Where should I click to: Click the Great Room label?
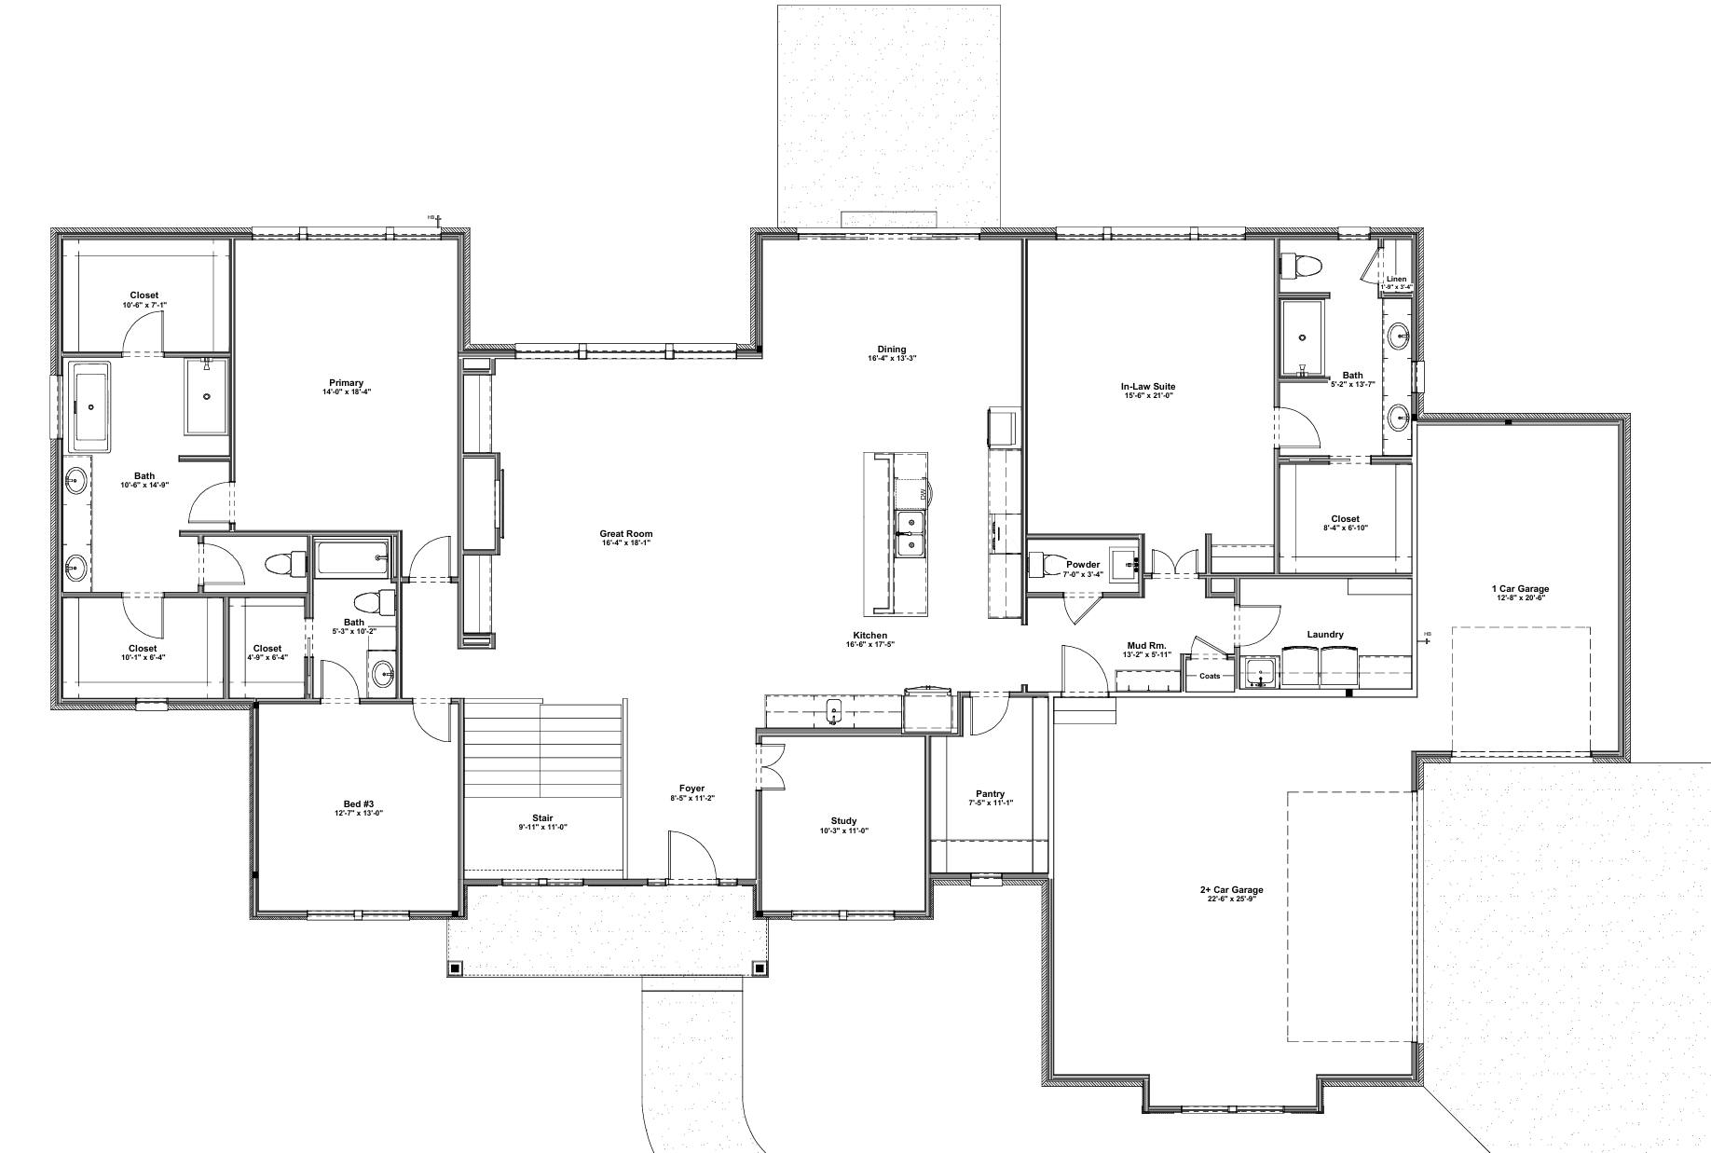point(625,534)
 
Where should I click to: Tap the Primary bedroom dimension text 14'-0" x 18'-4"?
point(346,392)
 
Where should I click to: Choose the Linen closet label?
point(1396,279)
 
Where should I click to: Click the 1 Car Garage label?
point(1520,588)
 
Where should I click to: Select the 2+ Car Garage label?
point(1231,889)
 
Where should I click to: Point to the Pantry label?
point(990,794)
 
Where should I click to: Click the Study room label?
point(843,821)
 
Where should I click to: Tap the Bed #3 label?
point(359,803)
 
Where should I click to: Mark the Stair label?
point(542,818)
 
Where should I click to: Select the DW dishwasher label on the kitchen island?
point(923,493)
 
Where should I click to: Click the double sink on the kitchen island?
point(910,534)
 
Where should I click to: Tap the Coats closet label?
point(1210,676)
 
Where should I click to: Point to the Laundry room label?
point(1325,635)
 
